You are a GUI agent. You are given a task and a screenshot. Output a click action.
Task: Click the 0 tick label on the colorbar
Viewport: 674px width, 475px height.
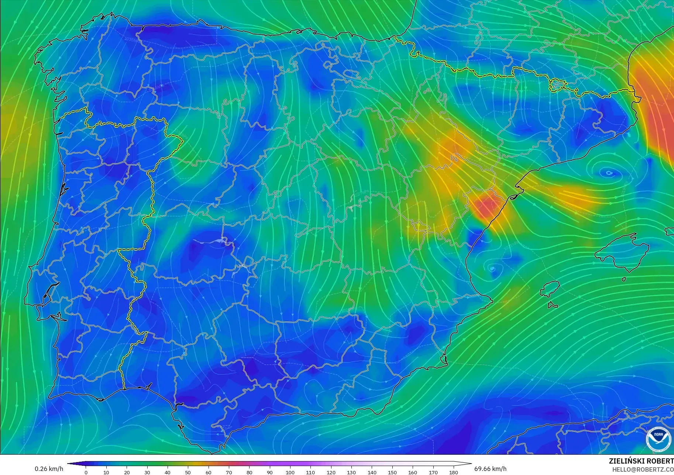86,472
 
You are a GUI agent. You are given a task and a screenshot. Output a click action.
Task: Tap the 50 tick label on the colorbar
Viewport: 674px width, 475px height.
188,472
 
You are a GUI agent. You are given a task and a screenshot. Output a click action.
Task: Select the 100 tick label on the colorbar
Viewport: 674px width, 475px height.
290,472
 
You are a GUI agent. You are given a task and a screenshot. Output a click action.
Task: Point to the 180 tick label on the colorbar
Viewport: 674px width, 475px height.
454,472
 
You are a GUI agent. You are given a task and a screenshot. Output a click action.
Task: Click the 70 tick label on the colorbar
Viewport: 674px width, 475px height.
229,472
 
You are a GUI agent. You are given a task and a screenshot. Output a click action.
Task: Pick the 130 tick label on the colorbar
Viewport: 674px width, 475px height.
351,472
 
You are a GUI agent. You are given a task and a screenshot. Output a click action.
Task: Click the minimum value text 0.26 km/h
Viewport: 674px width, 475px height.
49,469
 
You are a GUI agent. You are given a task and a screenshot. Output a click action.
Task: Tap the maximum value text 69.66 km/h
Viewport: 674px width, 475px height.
490,469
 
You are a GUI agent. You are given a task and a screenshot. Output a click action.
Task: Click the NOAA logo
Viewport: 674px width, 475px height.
658,439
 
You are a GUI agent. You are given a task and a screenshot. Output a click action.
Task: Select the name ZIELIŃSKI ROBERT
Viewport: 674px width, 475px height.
641,461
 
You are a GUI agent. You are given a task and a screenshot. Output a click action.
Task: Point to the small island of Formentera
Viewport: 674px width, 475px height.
552,305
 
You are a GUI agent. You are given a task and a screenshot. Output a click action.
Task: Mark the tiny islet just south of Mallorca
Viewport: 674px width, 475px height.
623,279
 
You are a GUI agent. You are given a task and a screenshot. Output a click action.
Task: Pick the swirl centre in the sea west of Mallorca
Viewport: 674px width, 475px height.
492,268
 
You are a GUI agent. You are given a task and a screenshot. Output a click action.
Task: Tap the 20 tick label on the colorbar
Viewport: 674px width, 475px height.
127,472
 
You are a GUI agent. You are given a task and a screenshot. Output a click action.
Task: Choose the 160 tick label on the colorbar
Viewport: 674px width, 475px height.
413,472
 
